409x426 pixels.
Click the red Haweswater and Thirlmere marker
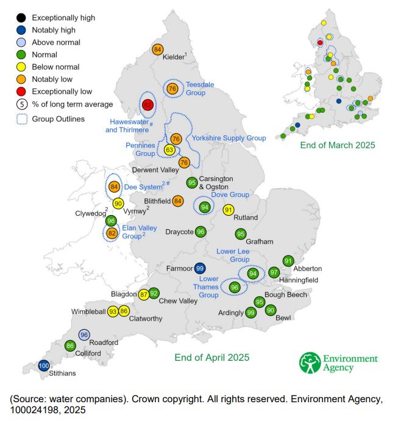point(148,105)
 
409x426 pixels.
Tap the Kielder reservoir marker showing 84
point(158,49)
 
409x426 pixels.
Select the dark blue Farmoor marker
point(199,268)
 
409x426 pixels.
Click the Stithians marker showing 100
point(43,366)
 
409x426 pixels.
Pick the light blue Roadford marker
point(85,335)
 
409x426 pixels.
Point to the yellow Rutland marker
point(229,210)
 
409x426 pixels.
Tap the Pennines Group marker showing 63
point(170,150)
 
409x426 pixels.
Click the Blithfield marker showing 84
point(178,201)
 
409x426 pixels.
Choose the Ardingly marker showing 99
point(251,313)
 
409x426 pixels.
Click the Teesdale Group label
point(199,88)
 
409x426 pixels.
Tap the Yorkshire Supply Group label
point(229,138)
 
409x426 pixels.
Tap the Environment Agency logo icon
point(310,362)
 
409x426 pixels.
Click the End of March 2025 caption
point(338,145)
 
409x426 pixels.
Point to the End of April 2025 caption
point(212,357)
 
